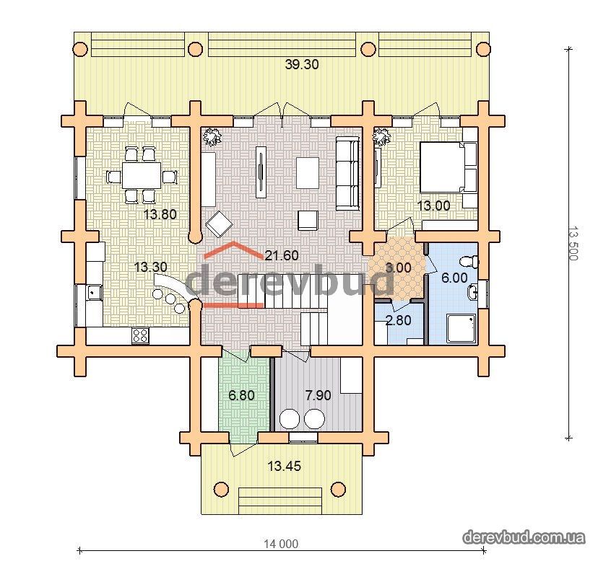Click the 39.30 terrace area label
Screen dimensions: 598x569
coord(302,65)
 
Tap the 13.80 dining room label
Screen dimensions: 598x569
coord(160,214)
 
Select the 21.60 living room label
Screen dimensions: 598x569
coord(282,255)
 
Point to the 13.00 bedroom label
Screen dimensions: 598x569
coord(433,206)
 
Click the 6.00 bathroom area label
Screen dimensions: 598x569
coord(454,278)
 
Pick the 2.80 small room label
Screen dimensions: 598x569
coord(399,320)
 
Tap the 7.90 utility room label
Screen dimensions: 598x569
coord(318,395)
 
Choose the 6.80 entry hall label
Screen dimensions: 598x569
coord(241,395)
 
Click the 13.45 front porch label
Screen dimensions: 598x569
coord(284,466)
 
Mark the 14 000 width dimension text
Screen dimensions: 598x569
coord(281,544)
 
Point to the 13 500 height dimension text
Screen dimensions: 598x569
coord(573,243)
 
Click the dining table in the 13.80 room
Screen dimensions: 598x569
coord(142,175)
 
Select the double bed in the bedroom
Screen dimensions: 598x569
coord(448,167)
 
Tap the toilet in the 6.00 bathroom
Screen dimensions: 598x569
coord(469,262)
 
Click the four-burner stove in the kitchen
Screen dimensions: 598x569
coord(140,336)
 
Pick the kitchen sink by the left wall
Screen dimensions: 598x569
coord(93,293)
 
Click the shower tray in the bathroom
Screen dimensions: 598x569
coord(461,328)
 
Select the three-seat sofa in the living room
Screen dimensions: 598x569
coord(347,174)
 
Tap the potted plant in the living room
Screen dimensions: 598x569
coord(212,136)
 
